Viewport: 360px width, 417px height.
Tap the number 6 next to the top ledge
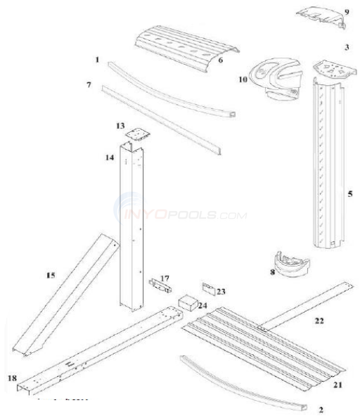pos(220,60)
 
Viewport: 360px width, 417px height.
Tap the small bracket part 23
pos(209,288)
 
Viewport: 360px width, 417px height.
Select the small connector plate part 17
pos(158,288)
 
